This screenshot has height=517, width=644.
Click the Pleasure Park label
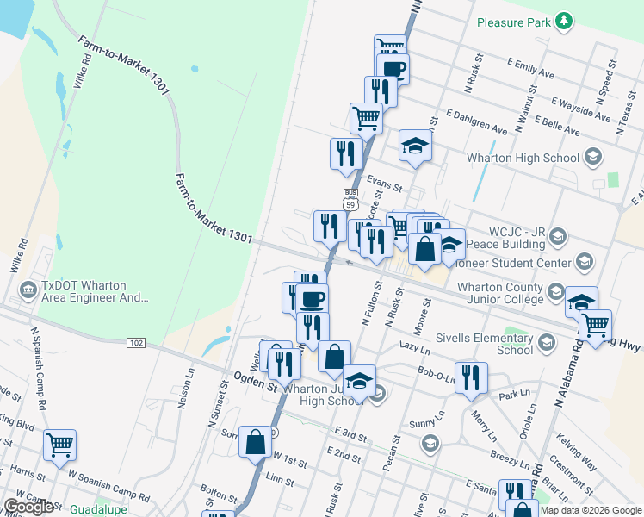513,21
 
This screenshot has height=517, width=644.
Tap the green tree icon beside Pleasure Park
564,21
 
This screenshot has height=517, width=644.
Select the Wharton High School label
523,158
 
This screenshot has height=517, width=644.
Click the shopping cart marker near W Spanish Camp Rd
59,445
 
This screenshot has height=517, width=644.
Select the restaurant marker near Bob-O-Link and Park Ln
470,377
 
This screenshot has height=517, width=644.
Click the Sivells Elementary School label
485,344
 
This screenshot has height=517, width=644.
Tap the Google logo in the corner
28,507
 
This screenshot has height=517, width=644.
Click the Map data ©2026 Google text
588,510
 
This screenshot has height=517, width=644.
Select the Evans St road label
383,184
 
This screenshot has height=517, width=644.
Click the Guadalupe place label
98,509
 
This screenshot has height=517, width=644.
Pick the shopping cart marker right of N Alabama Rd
595,325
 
